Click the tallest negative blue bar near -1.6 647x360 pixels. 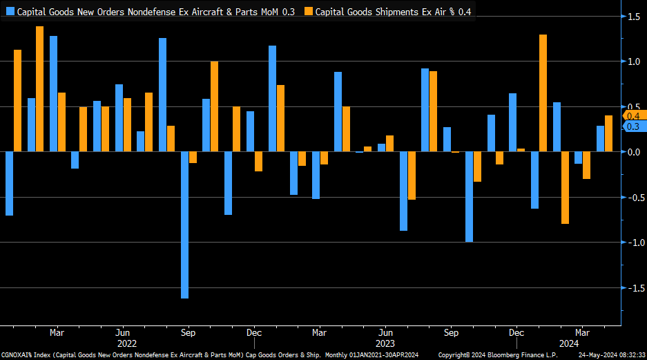pyautogui.click(x=185, y=225)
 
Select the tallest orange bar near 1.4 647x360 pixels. pyautogui.click(x=39, y=88)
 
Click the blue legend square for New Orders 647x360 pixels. pyautogui.click(x=10, y=12)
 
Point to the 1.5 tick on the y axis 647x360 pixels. pyautogui.click(x=632, y=17)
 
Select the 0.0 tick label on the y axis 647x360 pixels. pyautogui.click(x=632, y=152)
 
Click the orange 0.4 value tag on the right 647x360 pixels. pyautogui.click(x=632, y=115)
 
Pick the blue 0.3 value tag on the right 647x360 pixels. pyautogui.click(x=632, y=126)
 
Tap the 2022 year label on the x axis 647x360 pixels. pyautogui.click(x=126, y=343)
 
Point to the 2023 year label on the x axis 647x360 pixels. pyautogui.click(x=385, y=343)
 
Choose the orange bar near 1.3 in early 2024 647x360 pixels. pyautogui.click(x=543, y=93)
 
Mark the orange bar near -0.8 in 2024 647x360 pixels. pyautogui.click(x=565, y=187)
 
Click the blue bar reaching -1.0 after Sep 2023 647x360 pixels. pyautogui.click(x=470, y=196)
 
